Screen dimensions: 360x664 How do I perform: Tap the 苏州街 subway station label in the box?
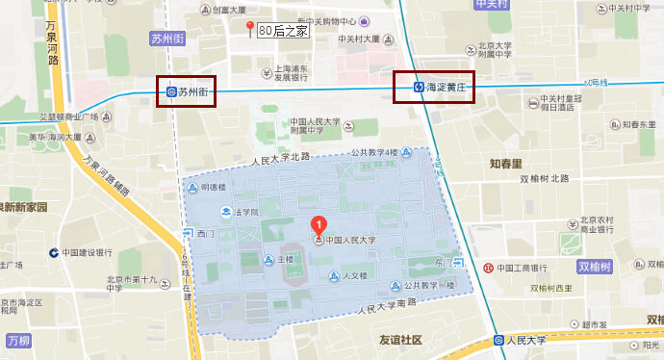click(187, 91)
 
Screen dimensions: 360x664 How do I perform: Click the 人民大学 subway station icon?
click(498, 340)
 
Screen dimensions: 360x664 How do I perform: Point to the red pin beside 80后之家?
click(250, 28)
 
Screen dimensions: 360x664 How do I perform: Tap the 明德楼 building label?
click(213, 187)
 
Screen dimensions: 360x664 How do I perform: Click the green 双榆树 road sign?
click(596, 266)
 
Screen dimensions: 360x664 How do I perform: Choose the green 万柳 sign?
click(18, 341)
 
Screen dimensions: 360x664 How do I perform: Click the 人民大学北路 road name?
click(279, 156)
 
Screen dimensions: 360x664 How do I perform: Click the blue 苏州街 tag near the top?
click(167, 39)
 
